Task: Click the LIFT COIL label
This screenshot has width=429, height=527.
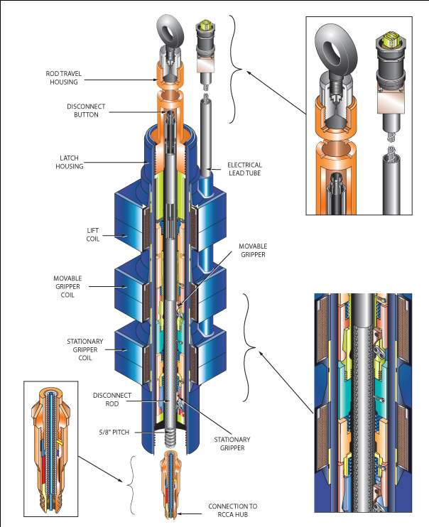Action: tap(94, 234)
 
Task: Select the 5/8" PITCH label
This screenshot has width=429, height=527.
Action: tap(113, 432)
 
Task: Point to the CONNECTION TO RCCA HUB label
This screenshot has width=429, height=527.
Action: tap(233, 511)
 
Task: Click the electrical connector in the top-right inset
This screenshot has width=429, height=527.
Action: tap(390, 60)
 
